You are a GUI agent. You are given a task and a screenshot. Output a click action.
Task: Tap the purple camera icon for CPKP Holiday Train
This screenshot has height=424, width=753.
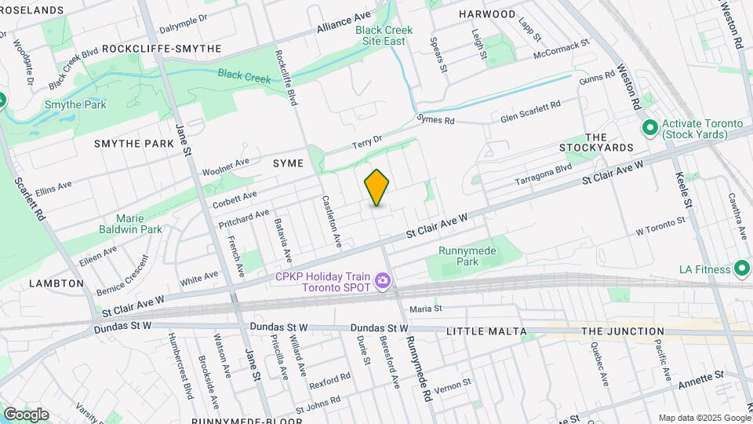coord(383,280)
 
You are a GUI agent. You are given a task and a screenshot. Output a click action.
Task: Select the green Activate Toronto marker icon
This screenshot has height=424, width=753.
coord(649,127)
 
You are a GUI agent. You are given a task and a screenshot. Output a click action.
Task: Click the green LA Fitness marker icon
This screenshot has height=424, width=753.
coord(740,269)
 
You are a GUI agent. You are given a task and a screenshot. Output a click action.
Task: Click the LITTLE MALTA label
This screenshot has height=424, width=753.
coord(486,331)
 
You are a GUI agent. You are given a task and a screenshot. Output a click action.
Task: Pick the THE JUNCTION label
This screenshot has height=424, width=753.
coord(623,331)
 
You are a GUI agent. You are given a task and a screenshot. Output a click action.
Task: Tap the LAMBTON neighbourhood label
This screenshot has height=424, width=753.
coord(56,283)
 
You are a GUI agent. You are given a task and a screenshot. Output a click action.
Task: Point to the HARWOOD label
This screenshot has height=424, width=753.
coord(487,14)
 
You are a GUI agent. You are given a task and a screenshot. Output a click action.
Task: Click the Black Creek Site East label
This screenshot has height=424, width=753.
coord(380,35)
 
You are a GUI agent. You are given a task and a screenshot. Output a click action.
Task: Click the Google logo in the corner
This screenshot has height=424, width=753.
coord(26,415)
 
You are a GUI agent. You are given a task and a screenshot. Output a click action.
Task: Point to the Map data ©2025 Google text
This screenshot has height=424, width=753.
coord(704,418)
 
